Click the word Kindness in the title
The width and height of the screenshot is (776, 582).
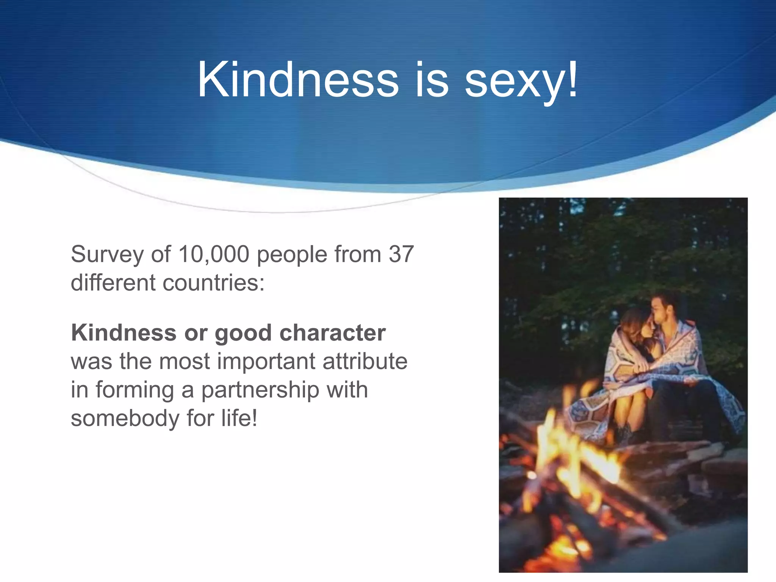point(298,80)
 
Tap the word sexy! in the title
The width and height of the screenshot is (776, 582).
point(521,80)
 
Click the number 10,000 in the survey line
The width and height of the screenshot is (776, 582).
point(214,254)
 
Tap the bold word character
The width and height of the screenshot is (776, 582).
point(332,333)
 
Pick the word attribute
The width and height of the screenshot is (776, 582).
point(365,361)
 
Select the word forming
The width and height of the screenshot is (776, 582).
point(134,390)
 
